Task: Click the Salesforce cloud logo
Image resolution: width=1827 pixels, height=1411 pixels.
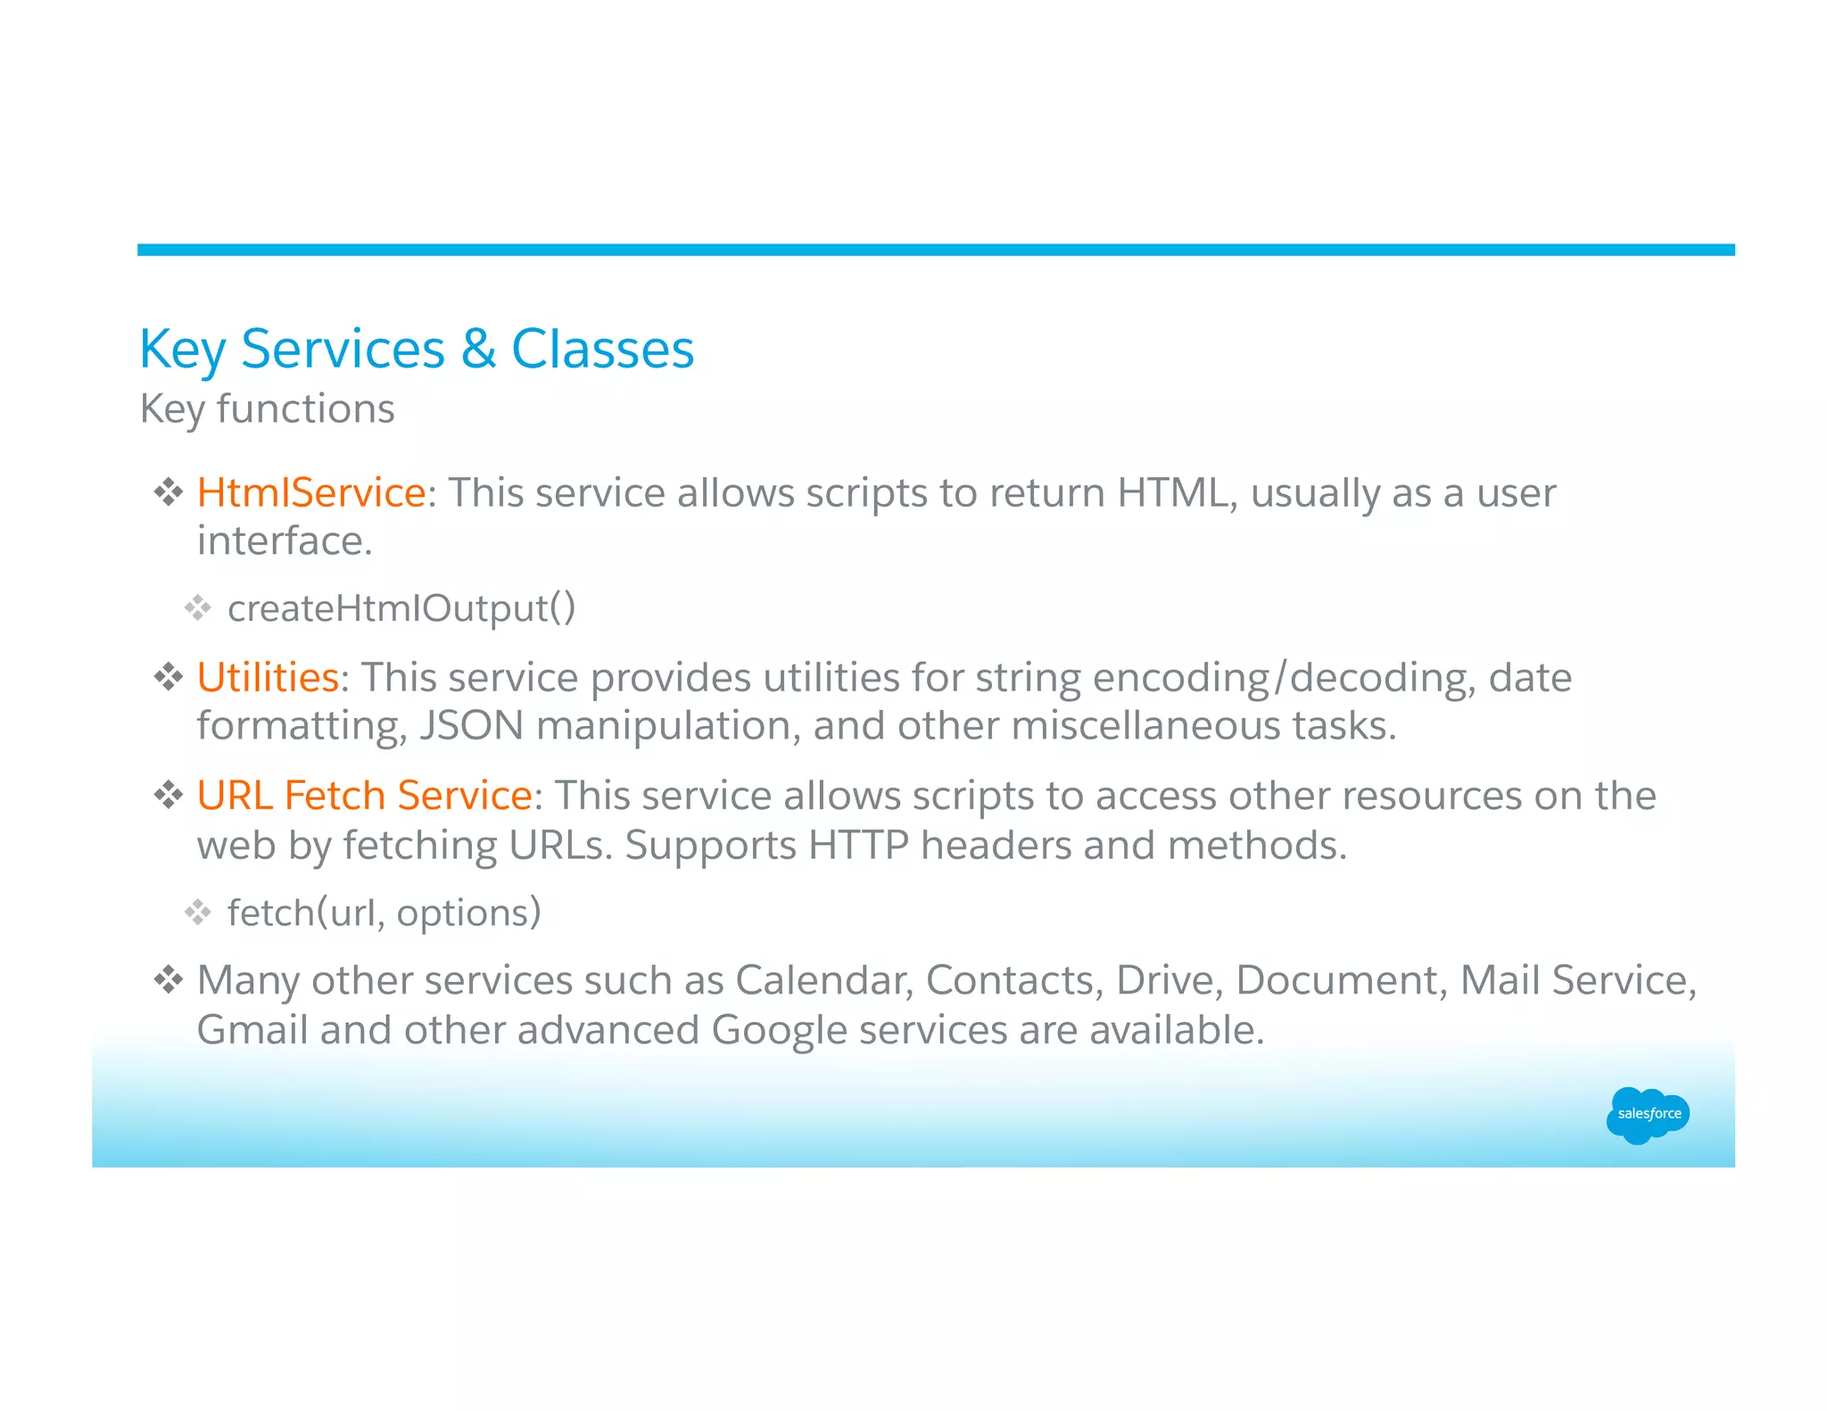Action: pos(1648,1114)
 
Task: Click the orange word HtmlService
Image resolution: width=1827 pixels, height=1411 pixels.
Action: pos(311,492)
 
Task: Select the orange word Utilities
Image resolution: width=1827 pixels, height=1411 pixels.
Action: pos(268,677)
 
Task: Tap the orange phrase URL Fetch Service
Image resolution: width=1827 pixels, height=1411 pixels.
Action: pos(364,795)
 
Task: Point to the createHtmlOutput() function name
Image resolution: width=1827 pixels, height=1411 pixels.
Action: pos(401,608)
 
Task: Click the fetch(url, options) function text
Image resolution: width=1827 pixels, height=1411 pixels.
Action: pos(384,912)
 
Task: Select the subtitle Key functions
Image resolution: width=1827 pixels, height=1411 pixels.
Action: pos(267,409)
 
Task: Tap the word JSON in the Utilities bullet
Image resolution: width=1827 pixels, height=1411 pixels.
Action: pos(471,725)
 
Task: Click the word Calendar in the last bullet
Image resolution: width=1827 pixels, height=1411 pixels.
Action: pos(823,980)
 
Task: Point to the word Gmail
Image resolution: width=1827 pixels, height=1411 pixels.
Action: pos(252,1030)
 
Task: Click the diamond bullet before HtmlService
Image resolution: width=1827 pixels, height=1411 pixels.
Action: pos(168,492)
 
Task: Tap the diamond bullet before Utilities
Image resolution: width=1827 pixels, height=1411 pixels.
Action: pos(168,677)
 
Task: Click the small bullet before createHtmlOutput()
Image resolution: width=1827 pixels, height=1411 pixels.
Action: pos(197,608)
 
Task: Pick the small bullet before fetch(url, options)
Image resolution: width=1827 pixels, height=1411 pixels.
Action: pos(197,912)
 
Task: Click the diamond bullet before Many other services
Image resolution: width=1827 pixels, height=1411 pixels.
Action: pos(168,980)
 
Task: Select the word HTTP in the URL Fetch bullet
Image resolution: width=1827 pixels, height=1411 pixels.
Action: pos(858,845)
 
